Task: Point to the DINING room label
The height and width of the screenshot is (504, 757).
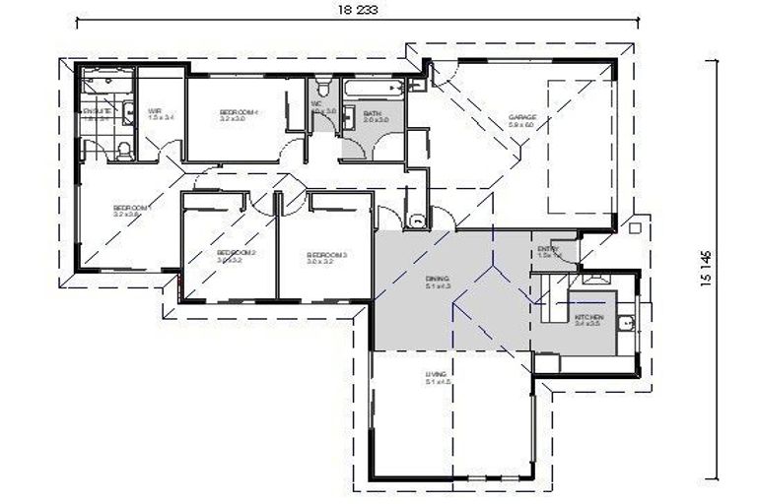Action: tap(437, 283)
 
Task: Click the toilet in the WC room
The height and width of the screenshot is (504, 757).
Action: tap(320, 92)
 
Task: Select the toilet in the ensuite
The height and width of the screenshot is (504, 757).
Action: tap(122, 150)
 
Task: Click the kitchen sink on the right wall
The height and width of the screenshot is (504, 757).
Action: tap(625, 322)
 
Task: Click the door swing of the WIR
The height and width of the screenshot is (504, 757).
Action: tap(171, 151)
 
